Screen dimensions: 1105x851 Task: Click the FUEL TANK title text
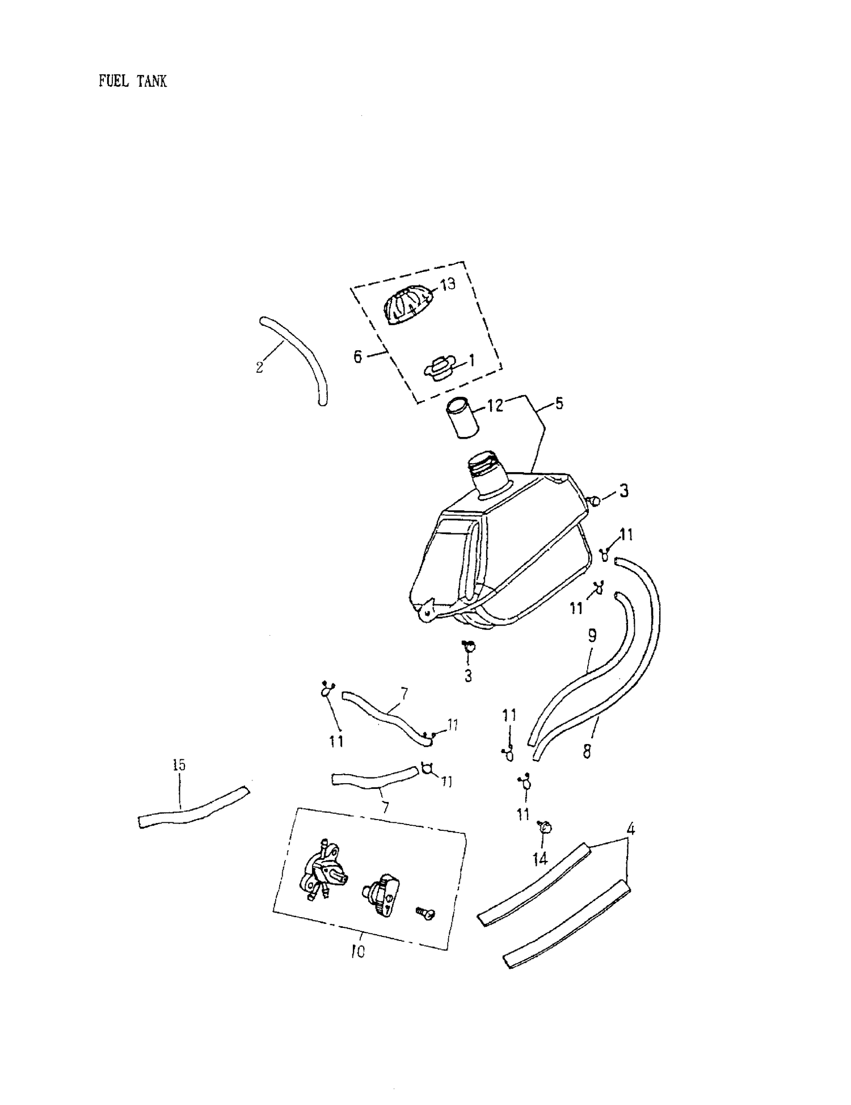(133, 81)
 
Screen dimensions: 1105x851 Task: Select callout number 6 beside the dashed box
(357, 357)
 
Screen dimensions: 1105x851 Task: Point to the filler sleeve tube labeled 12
(461, 419)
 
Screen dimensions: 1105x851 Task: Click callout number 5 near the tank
(559, 404)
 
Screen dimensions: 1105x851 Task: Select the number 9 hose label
(592, 636)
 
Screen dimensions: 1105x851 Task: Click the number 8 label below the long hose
(587, 752)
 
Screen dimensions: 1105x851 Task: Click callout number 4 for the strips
(630, 829)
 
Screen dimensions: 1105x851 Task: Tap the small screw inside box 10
(425, 912)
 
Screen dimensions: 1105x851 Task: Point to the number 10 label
(357, 951)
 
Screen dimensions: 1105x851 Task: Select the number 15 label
(179, 765)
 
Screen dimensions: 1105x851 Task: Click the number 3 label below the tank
(468, 677)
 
